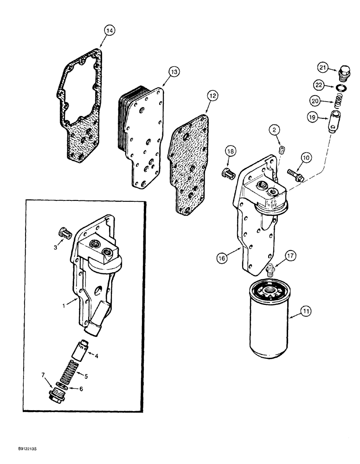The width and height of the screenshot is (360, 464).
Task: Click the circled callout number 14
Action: pyautogui.click(x=109, y=31)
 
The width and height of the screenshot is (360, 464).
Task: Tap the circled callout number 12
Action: pyautogui.click(x=212, y=96)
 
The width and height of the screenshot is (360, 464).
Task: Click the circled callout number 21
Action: pyautogui.click(x=323, y=68)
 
